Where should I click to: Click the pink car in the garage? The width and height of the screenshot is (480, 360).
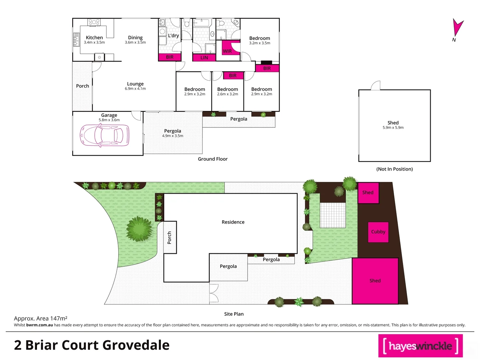coord(105,135)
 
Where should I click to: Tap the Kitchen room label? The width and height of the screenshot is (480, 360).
coord(94,38)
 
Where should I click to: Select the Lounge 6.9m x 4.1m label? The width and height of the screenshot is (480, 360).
coord(135,86)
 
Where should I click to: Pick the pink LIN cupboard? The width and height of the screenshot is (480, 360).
coord(204,58)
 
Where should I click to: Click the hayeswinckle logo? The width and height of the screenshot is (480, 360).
coord(420,346)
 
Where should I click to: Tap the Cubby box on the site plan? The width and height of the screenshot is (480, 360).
coord(378,232)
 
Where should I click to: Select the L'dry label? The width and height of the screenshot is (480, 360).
coord(173,36)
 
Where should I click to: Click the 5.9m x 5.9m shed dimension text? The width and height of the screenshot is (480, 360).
coord(393,128)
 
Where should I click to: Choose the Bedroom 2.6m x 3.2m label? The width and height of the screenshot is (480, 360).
coord(228,91)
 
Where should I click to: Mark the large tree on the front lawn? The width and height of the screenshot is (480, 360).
coord(139,229)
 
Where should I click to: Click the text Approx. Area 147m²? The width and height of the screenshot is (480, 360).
coord(41,318)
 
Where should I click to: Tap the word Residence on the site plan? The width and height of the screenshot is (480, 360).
coord(233,222)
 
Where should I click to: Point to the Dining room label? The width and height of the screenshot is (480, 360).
coord(135,39)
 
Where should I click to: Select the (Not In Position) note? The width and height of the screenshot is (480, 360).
coord(394,169)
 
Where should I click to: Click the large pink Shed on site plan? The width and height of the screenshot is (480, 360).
coord(375,281)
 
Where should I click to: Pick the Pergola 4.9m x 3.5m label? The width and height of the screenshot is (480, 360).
coord(173,133)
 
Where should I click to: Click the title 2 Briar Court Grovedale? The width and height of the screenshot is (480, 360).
coord(92,345)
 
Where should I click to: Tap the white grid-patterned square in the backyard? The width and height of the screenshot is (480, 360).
coord(332,215)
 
